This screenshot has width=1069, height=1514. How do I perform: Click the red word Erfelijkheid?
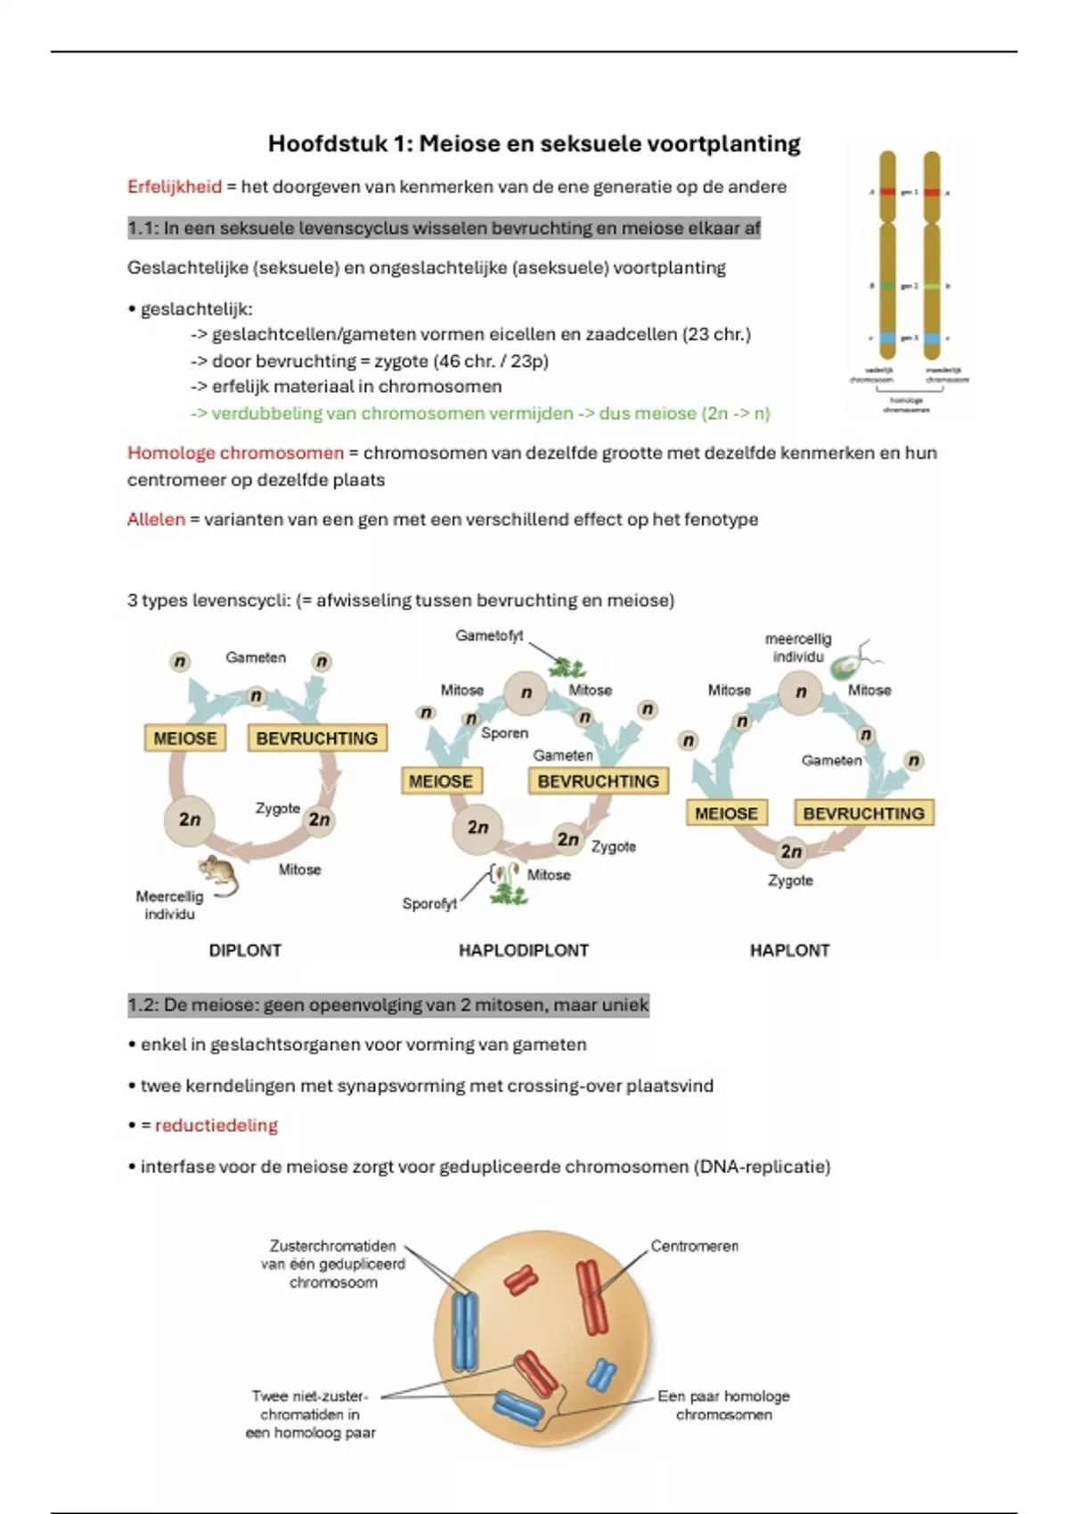(174, 187)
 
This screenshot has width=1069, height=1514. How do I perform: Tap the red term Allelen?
(156, 519)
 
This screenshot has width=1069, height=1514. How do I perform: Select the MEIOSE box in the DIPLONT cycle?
(185, 738)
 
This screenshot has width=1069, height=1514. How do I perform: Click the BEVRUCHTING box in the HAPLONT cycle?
(863, 813)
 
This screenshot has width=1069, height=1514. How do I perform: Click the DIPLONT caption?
(245, 950)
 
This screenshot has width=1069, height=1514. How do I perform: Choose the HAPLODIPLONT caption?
(523, 950)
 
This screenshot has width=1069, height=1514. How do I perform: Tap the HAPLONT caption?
(789, 950)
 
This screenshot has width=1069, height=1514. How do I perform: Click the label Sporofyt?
(429, 904)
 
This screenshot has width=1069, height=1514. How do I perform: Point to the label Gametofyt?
(489, 636)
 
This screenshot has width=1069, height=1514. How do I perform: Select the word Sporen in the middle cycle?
(504, 733)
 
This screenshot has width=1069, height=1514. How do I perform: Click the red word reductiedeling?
(216, 1126)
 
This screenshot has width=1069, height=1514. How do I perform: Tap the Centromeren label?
(694, 1246)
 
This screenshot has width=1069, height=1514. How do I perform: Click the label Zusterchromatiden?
(332, 1246)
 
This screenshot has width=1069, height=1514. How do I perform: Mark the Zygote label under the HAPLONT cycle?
(790, 881)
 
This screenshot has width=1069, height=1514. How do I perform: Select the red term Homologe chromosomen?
(235, 452)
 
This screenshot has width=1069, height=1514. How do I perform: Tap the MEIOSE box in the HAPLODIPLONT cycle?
(440, 781)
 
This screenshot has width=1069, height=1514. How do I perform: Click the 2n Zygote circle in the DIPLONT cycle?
(319, 819)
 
